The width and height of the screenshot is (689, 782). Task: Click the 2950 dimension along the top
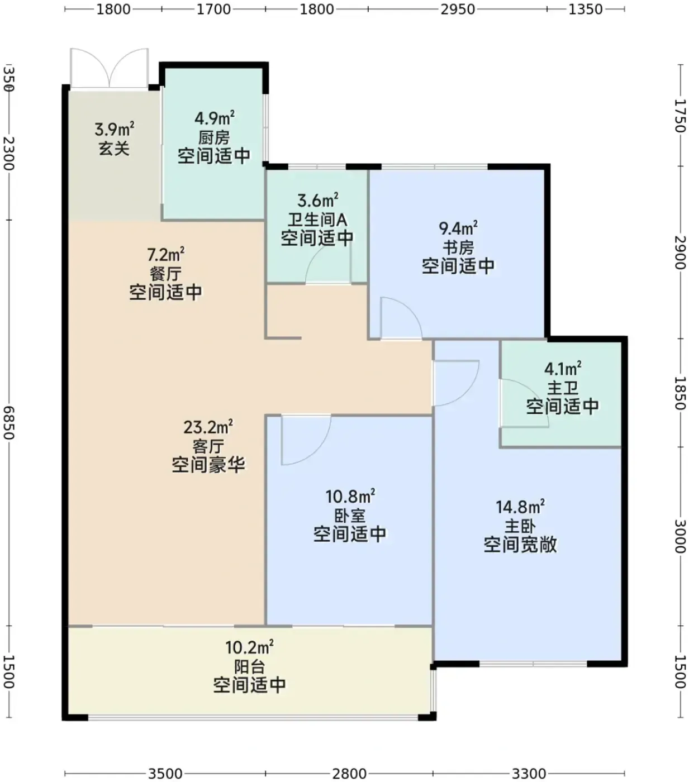pyautogui.click(x=458, y=9)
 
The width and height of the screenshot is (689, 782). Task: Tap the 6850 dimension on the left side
pyautogui.click(x=8, y=423)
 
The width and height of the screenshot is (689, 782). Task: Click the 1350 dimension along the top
pyautogui.click(x=585, y=9)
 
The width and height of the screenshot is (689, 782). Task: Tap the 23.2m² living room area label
pyautogui.click(x=208, y=427)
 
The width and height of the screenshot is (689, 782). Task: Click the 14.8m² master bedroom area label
pyautogui.click(x=520, y=507)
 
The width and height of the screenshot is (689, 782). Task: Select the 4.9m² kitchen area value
pyautogui.click(x=215, y=118)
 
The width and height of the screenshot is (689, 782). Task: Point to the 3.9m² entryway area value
pyautogui.click(x=115, y=129)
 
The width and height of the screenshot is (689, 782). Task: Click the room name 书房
pyautogui.click(x=458, y=247)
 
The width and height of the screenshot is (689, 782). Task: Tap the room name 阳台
pyautogui.click(x=249, y=667)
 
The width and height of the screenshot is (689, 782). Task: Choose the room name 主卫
pyautogui.click(x=562, y=388)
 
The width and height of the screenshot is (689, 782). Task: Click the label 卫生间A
pyautogui.click(x=317, y=220)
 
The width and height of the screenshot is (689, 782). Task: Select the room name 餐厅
pyautogui.click(x=165, y=274)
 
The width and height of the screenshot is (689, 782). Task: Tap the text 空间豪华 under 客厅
pyautogui.click(x=208, y=465)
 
